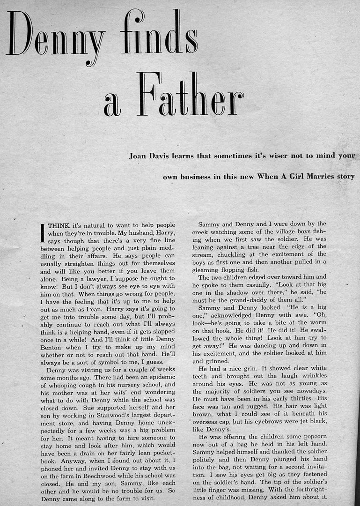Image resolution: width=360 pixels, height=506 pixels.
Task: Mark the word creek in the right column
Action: pyautogui.click(x=202, y=232)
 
